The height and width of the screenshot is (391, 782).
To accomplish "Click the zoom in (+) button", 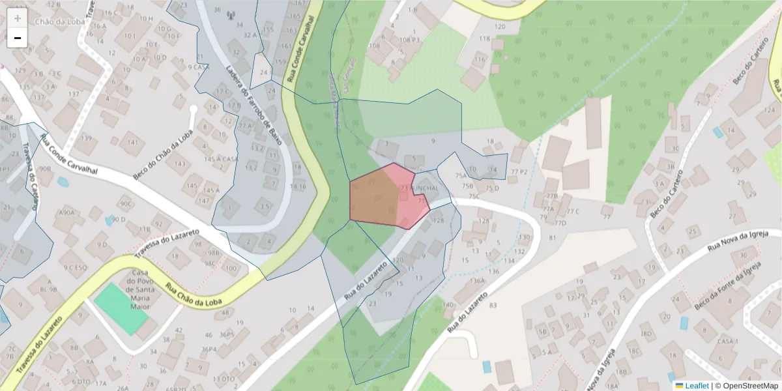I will pos(18,18).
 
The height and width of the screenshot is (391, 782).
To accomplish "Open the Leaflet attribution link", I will pos(696,386).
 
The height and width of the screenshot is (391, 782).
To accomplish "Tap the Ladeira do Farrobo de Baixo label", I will pos(252,98).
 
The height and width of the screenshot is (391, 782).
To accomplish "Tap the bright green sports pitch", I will pos(121,308).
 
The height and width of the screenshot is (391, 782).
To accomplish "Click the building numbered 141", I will pos(133,142).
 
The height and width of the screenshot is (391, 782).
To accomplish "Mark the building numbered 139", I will pos(86,138).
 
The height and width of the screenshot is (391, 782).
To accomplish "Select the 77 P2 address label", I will pos(519,171).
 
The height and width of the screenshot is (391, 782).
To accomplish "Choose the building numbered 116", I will pos(480,60).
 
